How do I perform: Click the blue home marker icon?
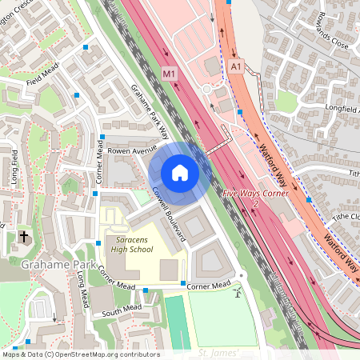tap(180, 173)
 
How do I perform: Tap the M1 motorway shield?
tap(169, 74)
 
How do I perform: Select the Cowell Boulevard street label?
tap(169, 216)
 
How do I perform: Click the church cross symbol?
tap(24, 237)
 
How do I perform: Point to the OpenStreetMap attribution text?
tap(80, 354)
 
